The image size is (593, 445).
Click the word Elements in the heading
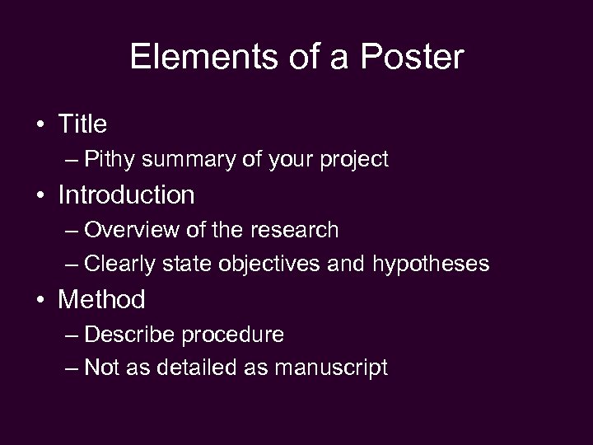[x=188, y=57]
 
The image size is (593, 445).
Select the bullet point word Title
[x=82, y=124]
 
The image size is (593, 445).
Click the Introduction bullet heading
[x=126, y=195]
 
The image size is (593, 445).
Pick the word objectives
[x=275, y=265]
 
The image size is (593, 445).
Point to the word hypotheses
[x=431, y=265]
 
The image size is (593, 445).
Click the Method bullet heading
[x=101, y=299]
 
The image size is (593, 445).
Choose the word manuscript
[x=330, y=368]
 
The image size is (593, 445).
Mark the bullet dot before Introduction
[x=41, y=196]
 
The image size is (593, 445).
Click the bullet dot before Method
[x=41, y=300]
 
